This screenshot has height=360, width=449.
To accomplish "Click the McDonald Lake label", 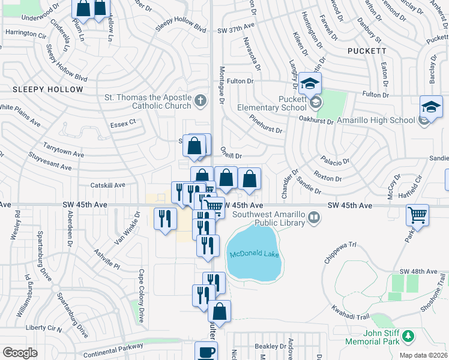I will point(254,254).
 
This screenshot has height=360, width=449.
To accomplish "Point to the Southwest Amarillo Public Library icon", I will point(313,217).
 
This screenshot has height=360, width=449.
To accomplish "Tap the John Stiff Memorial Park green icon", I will point(408,334).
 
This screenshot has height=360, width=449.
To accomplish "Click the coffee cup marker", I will point(206,352).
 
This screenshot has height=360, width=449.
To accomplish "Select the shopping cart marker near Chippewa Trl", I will point(417,214).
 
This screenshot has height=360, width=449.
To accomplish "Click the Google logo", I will point(19,353).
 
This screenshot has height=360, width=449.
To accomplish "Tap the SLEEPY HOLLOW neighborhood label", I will point(47,89).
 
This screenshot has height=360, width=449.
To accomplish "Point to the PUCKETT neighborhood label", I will point(367,51).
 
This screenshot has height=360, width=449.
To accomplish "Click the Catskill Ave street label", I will point(107,185).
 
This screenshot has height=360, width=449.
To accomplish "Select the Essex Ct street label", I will point(124,122).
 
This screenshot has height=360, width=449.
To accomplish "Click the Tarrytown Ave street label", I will point(63,150).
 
